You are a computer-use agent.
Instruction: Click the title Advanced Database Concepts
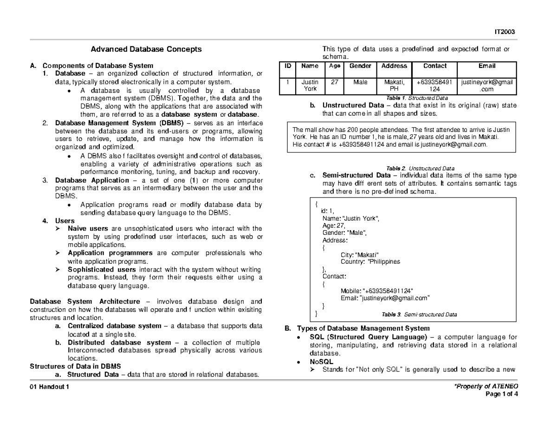[146, 49]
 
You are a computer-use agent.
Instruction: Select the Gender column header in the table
[360, 66]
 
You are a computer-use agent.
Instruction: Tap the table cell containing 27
[334, 82]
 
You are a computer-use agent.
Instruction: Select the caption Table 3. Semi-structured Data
[419, 314]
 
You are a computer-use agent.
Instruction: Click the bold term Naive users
[88, 228]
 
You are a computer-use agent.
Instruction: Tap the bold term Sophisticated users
[102, 269]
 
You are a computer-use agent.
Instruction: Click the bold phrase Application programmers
[110, 253]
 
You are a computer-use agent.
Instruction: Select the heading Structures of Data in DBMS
[75, 366]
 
